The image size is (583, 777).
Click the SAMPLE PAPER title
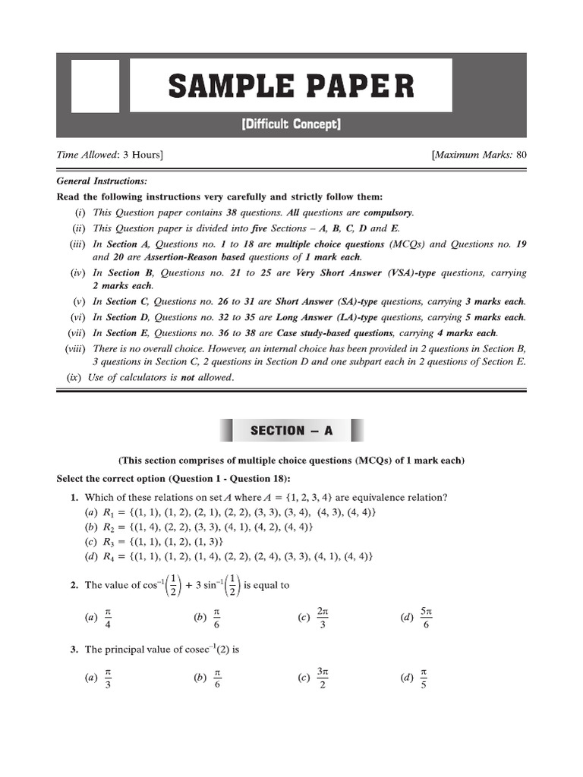pos(291,87)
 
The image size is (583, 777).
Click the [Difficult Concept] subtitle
pos(291,124)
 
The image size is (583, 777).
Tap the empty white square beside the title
pos(95,86)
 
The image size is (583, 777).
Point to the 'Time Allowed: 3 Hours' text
pos(110,155)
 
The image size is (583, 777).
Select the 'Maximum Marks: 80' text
pos(479,155)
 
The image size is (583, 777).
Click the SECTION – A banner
pos(291,430)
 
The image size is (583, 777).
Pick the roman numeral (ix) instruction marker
pos(74,377)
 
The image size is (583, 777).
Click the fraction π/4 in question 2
pos(108,618)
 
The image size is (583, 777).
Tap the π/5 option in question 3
pos(424,678)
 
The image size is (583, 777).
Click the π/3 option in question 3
pos(108,678)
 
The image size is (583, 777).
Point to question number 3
pos(74,650)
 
